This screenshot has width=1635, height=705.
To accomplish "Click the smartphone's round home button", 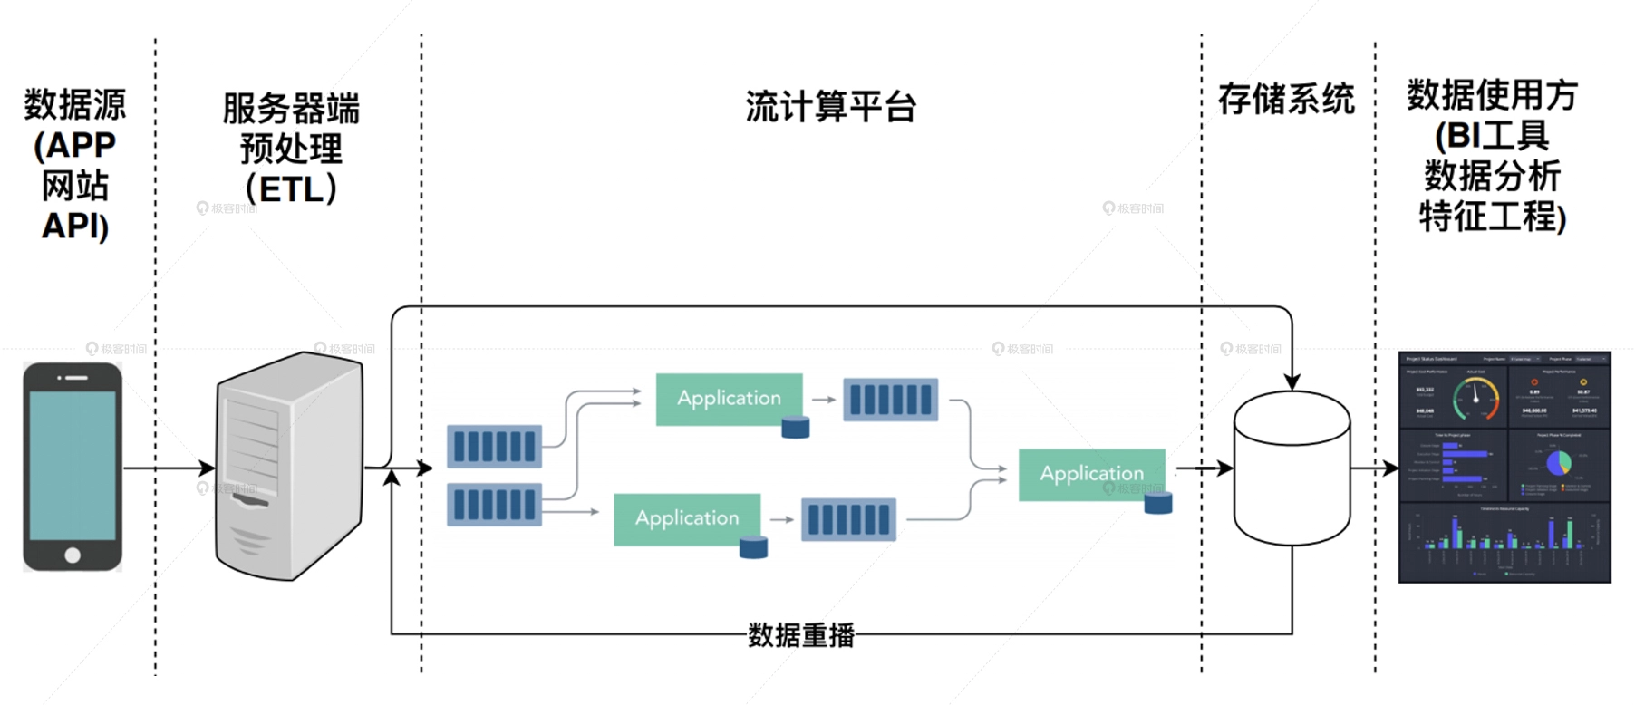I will pyautogui.click(x=73, y=555).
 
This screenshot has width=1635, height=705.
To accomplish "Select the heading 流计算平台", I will pyautogui.click(x=830, y=107).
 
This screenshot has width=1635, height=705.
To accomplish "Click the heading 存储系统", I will pyautogui.click(x=1286, y=99).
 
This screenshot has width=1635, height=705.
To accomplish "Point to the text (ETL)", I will pyautogui.click(x=291, y=189).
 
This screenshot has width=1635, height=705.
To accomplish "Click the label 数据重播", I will pyautogui.click(x=800, y=635).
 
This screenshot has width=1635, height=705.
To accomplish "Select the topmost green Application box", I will pyautogui.click(x=729, y=399).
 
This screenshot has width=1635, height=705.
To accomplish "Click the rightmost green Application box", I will pyautogui.click(x=1091, y=474).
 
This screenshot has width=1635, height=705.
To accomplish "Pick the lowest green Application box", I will pyautogui.click(x=686, y=518).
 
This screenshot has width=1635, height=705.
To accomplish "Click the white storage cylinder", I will pyautogui.click(x=1292, y=471).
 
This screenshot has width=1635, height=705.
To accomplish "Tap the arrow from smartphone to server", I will pyautogui.click(x=169, y=468).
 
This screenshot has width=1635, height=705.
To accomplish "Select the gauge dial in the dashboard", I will pyautogui.click(x=1476, y=398).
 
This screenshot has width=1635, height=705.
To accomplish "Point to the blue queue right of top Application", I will pyautogui.click(x=890, y=400).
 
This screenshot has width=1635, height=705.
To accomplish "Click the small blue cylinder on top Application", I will pyautogui.click(x=795, y=427).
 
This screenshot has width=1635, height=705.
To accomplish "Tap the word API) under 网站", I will pyautogui.click(x=75, y=226).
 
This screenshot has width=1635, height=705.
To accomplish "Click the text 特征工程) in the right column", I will pyautogui.click(x=1492, y=217).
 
